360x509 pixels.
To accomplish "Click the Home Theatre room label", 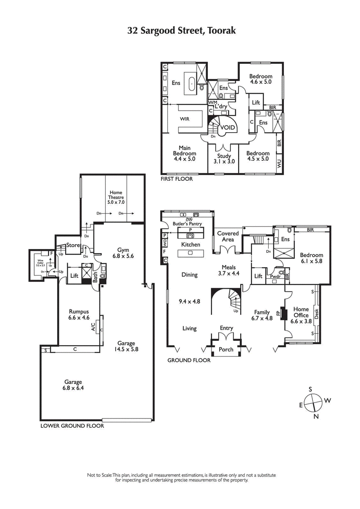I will coord(116,197).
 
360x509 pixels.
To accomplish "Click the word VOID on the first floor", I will coord(227,128).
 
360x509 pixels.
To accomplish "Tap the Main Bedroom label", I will coord(184,153).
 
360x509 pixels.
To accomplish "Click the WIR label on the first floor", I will coord(184,120).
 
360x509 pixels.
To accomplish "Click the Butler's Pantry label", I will coord(189,223).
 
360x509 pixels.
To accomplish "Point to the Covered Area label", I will coord(228,237).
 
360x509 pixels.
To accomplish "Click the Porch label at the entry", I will coord(226,349).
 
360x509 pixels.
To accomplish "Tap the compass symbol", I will coord(313,402).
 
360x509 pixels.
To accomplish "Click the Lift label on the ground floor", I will coord(258,277).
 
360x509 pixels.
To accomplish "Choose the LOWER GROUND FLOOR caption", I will coord(72,425).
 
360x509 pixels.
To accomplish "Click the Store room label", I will coord(73,245).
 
